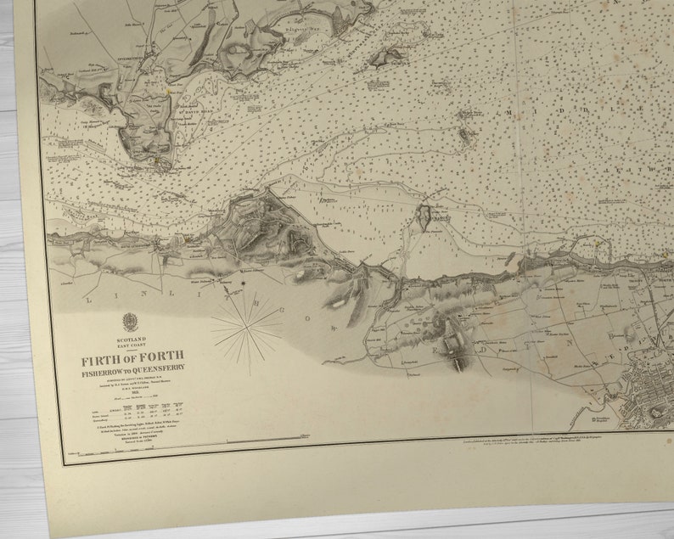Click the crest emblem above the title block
pyautogui.click(x=130, y=322)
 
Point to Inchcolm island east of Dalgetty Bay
pyautogui.click(x=388, y=58)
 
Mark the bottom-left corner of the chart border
pyautogui.click(x=63, y=463)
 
